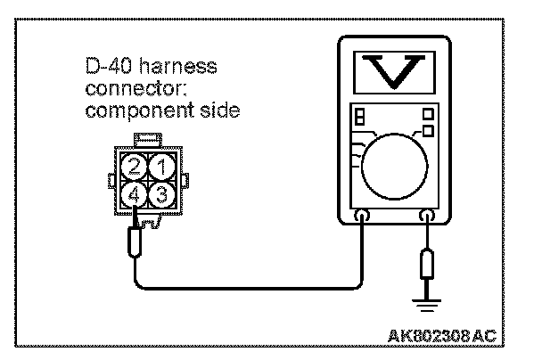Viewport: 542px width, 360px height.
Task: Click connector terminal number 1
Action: [x=159, y=166]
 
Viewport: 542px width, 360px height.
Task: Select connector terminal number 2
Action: [x=135, y=166]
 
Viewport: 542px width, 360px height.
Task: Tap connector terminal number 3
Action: [x=159, y=191]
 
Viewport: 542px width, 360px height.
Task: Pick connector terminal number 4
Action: [x=135, y=191]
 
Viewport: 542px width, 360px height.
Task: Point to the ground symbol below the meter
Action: [x=427, y=303]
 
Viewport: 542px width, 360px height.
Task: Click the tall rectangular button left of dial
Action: [x=359, y=120]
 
